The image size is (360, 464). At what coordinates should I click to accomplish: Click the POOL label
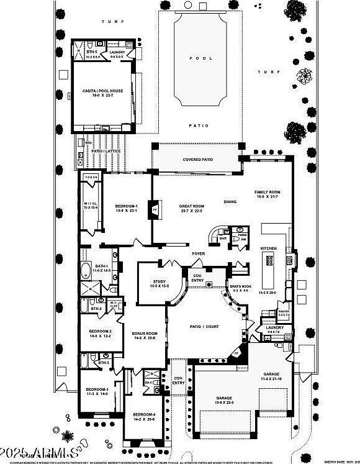pyautogui.click(x=197, y=57)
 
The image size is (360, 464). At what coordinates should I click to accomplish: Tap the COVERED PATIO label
pyautogui.click(x=198, y=160)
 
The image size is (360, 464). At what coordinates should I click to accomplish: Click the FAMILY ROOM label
pyautogui.click(x=268, y=193)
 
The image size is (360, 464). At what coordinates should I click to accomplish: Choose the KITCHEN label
pyautogui.click(x=269, y=248)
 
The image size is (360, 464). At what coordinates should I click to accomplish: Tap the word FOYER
pyautogui.click(x=198, y=253)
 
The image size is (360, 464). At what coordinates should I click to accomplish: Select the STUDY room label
pyautogui.click(x=152, y=283)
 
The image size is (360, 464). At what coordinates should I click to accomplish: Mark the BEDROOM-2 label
pyautogui.click(x=99, y=332)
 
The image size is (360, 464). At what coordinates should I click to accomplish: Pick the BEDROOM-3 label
pyautogui.click(x=97, y=389)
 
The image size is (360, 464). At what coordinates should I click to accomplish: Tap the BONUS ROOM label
pyautogui.click(x=145, y=334)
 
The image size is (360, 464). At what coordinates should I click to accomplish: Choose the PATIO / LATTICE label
pyautogui.click(x=106, y=150)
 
